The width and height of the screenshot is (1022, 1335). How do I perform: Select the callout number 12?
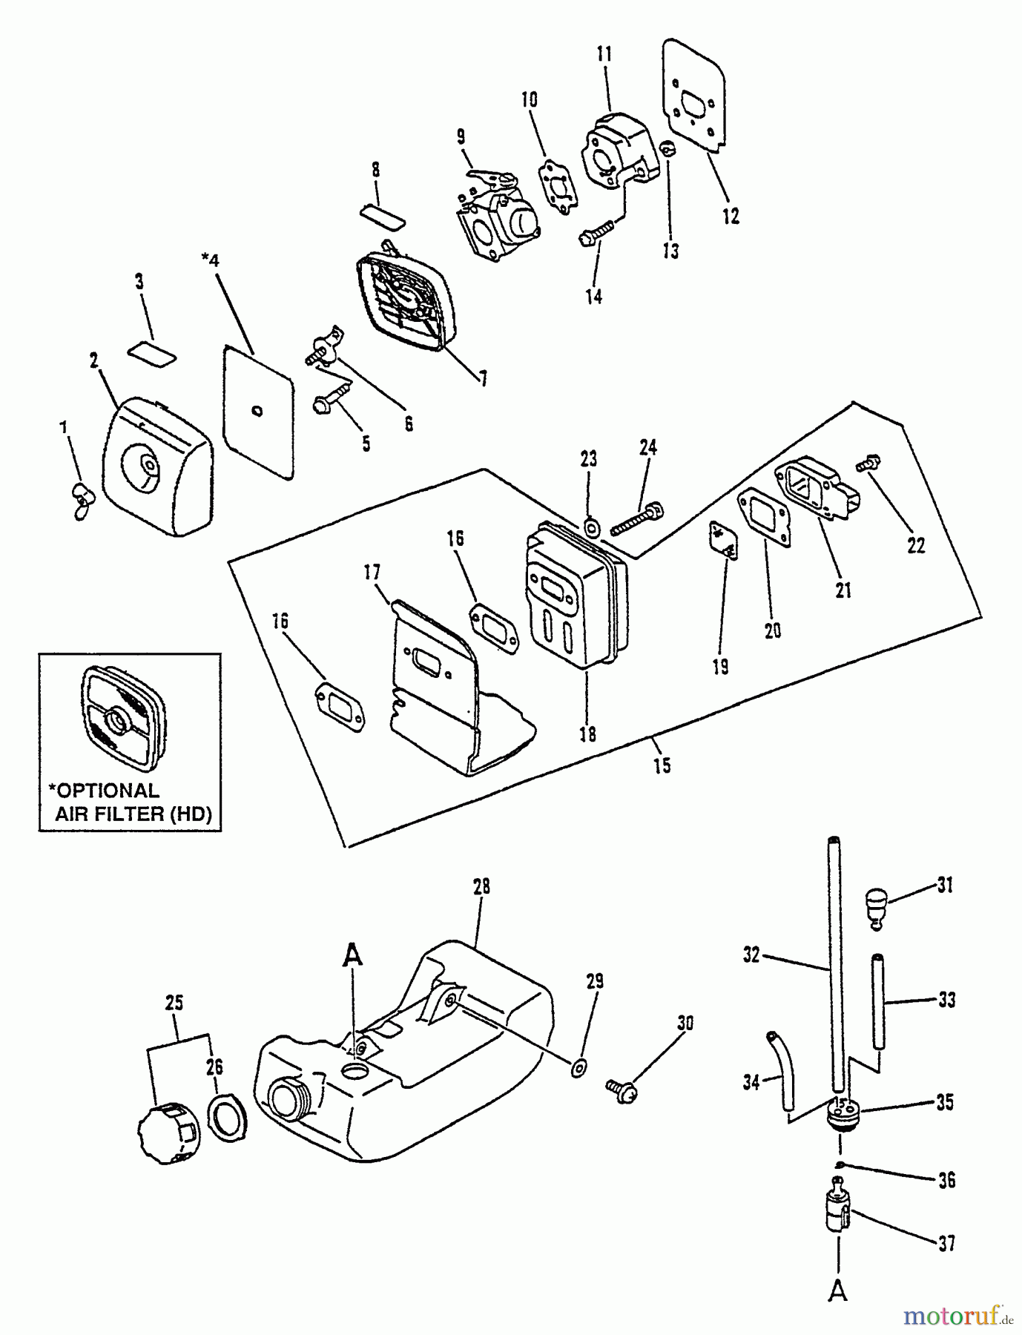tap(731, 217)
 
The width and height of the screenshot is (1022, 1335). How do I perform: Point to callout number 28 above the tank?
tap(481, 887)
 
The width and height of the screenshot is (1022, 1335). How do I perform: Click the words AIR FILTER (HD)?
tap(133, 814)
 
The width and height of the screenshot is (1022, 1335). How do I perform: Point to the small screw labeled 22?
tap(866, 464)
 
